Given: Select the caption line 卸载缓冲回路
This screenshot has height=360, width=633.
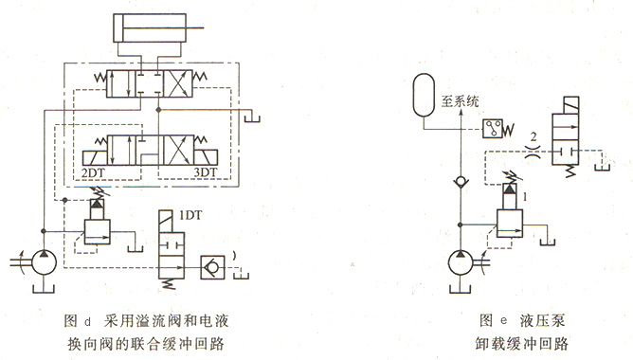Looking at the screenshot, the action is (x=511, y=339).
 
